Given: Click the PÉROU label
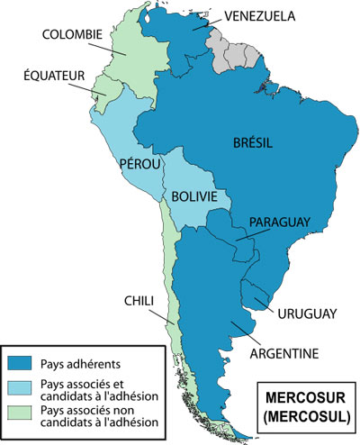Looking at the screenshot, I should [138, 165].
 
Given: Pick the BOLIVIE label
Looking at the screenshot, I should [194, 195].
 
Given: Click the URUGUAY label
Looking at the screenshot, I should [307, 313].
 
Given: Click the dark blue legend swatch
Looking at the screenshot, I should [21, 363].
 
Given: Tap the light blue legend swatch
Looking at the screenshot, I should [21, 388].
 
